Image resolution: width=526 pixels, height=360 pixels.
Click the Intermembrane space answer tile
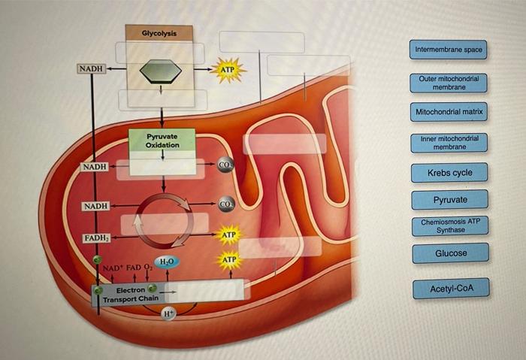(449, 50)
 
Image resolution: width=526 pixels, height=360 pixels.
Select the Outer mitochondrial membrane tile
(449, 83)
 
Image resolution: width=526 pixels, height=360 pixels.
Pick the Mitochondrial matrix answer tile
(449, 113)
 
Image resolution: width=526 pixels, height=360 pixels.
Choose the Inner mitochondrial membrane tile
(449, 143)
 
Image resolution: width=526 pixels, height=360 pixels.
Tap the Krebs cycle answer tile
(449, 173)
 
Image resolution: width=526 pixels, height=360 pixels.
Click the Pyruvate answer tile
(449, 200)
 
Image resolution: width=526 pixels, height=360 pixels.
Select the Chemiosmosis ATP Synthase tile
(449, 225)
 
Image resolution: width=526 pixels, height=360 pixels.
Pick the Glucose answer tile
(450, 253)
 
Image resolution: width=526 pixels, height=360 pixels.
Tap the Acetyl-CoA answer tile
(449, 289)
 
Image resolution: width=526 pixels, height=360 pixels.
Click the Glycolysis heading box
(159, 33)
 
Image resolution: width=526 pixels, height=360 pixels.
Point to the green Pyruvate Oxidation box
(162, 141)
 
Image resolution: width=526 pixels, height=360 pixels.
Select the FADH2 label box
(95, 239)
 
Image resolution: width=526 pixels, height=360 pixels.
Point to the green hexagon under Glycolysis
(161, 69)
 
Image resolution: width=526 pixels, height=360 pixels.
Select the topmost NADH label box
(90, 69)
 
